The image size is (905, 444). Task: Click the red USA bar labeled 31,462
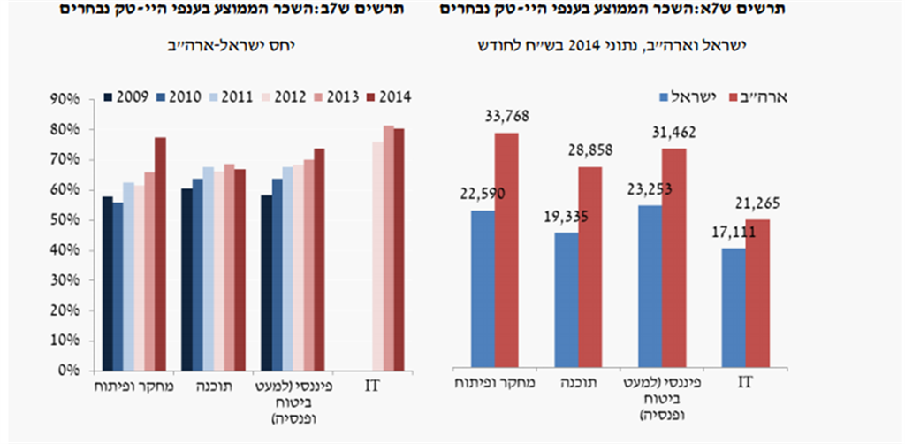[x=674, y=256]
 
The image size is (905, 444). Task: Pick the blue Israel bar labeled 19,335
[x=567, y=299]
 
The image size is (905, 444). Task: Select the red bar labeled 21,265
[x=757, y=292]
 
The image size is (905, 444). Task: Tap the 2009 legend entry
[x=123, y=97]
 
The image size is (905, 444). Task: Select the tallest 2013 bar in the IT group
[x=388, y=248]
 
